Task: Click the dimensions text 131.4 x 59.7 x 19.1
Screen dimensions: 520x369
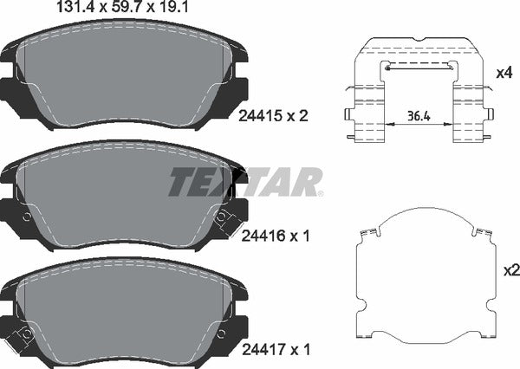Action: pos(123,6)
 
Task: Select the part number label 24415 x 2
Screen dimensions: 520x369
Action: pos(273,116)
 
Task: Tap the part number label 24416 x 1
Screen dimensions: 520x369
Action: pos(276,236)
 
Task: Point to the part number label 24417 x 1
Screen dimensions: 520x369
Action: pos(276,349)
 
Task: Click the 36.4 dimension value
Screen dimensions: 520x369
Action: pos(419,116)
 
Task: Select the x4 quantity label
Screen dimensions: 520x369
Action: pos(504,73)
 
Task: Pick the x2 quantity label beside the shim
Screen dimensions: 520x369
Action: pos(511,271)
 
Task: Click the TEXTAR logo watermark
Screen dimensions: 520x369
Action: pos(246,182)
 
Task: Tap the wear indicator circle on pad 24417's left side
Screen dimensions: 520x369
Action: pos(26,334)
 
